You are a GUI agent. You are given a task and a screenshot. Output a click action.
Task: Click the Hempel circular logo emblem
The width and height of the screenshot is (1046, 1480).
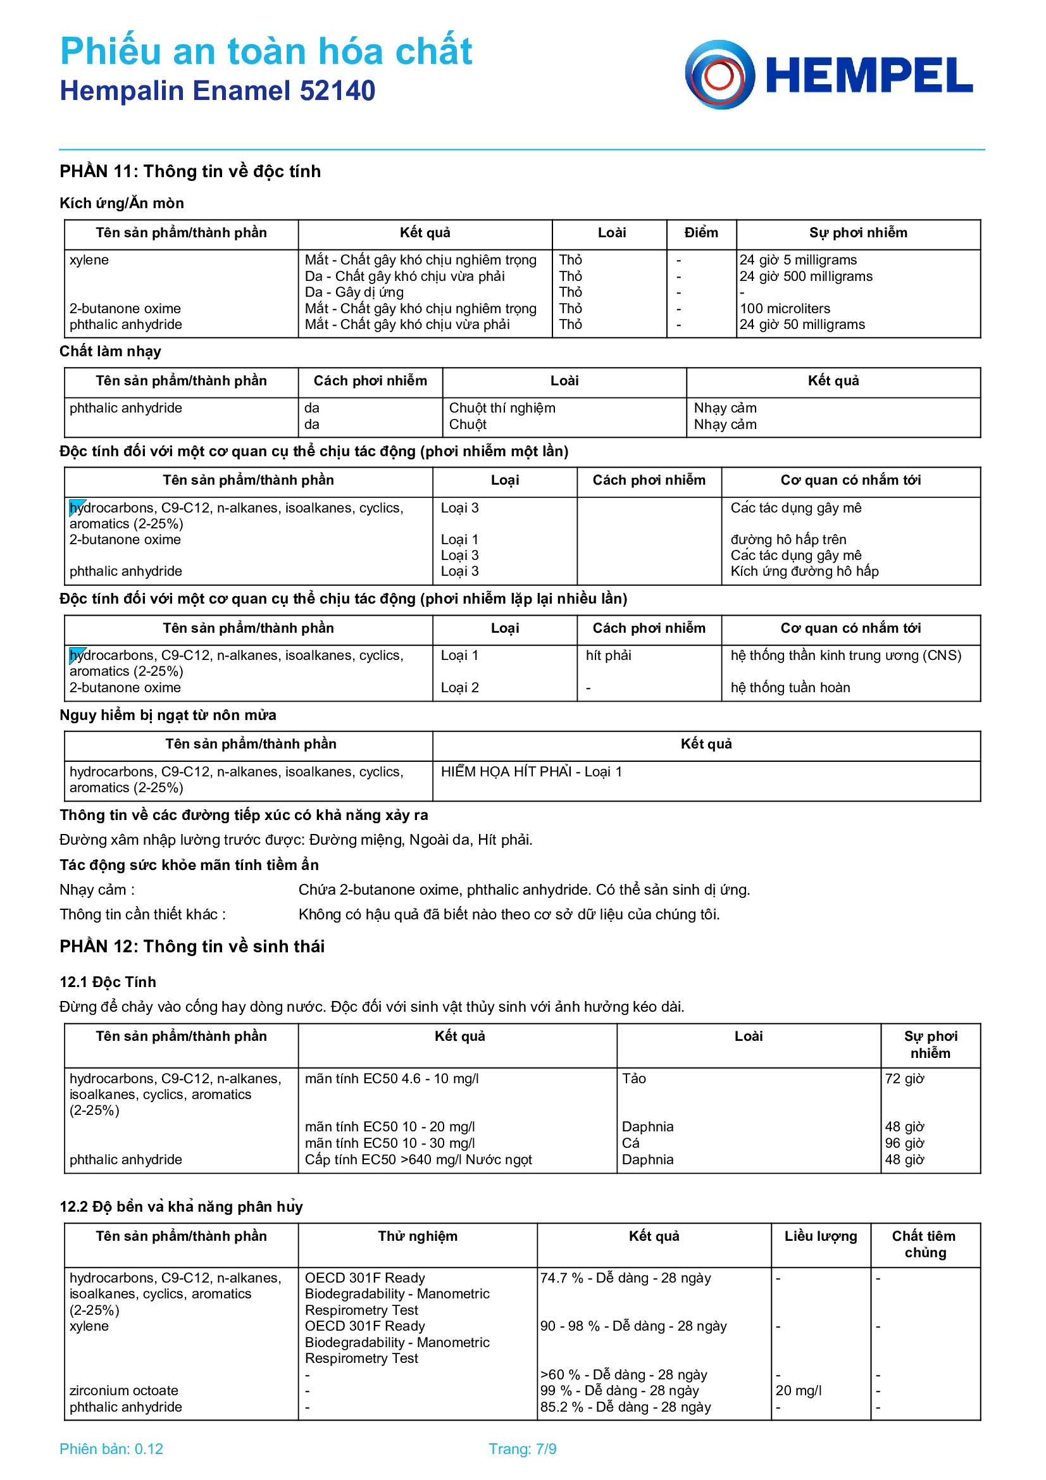(719, 75)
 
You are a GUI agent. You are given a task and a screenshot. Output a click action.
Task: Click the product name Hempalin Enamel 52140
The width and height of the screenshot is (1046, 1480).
(217, 91)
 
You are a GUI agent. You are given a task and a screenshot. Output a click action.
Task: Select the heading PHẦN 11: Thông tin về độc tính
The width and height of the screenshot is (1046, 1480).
(190, 171)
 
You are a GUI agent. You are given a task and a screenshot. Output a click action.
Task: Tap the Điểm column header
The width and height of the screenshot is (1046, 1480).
(700, 233)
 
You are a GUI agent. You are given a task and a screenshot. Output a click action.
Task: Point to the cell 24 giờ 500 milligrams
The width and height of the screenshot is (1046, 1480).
(806, 277)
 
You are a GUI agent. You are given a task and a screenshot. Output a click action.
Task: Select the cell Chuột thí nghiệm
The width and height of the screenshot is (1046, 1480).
(501, 408)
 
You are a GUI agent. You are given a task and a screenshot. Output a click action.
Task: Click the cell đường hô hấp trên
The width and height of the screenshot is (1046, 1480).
(788, 540)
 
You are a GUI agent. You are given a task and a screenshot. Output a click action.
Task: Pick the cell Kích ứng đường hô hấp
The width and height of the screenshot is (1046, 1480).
(804, 571)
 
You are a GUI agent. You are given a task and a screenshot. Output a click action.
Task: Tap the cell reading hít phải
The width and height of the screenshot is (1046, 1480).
(607, 656)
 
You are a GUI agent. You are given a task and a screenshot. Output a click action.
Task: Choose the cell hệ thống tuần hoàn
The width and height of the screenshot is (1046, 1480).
(790, 688)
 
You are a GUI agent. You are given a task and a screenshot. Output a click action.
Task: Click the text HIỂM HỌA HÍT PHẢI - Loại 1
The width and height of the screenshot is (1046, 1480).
(531, 771)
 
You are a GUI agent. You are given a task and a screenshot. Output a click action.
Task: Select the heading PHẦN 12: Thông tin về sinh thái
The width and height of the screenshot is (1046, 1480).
(192, 946)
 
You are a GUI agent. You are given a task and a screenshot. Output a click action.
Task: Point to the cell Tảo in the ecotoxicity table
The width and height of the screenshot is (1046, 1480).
(633, 1078)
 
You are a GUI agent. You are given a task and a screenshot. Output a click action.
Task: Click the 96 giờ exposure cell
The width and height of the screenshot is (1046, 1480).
(904, 1143)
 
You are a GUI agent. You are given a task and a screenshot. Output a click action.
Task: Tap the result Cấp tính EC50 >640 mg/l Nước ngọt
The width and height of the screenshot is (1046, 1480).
(418, 1160)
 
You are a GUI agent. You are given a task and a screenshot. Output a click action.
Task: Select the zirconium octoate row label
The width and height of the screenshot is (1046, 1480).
(124, 1390)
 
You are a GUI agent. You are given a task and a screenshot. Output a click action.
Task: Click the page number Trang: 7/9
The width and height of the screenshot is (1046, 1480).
(522, 1449)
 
